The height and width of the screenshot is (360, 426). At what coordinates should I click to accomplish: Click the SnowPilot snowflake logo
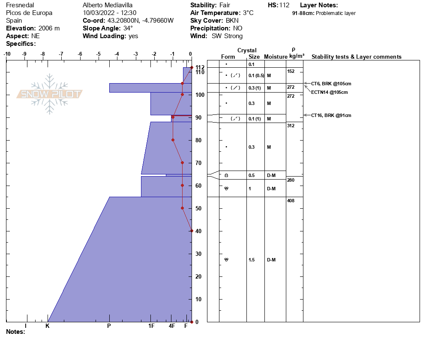pos(50,94)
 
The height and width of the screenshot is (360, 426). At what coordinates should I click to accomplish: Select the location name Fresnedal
pos(20,5)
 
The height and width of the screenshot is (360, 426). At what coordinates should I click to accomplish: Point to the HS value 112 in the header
pos(284,5)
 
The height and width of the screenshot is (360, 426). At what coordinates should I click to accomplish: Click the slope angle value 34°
pos(128,28)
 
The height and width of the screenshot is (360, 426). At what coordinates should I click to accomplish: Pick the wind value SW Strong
pos(227,36)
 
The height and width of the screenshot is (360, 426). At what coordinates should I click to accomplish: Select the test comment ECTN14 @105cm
pos(329,92)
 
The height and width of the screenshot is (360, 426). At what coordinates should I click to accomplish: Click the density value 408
pos(291,201)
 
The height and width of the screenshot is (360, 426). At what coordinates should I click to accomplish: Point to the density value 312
pos(291,126)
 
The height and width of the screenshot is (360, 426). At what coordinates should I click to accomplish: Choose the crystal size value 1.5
pos(252,260)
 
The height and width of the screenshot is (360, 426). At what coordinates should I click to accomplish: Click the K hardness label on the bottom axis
pos(48,326)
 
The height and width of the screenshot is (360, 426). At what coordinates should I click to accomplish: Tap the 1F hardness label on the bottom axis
pos(151,326)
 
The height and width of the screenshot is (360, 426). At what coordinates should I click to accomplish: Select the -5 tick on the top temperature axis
pos(98,54)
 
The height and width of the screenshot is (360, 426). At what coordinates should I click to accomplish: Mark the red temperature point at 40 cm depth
pos(192,231)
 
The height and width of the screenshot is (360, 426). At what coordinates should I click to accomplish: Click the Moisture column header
pos(276,57)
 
